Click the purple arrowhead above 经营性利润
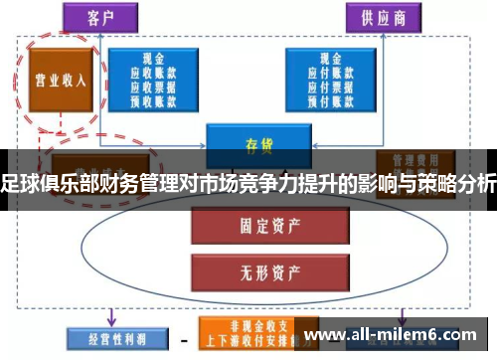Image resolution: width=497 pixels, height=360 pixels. [x=111, y=320]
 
